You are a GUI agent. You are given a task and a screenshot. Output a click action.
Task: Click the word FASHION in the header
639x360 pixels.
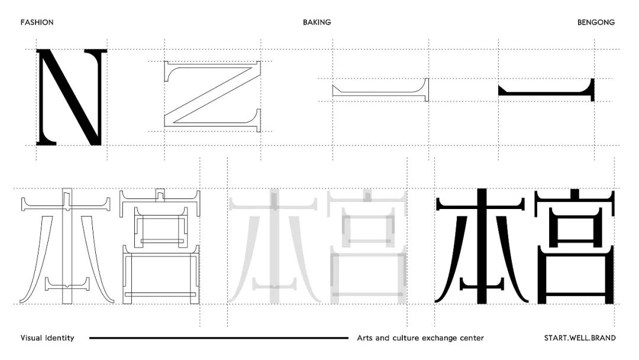tap(37, 22)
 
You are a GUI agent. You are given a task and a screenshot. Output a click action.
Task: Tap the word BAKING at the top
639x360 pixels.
tap(317, 22)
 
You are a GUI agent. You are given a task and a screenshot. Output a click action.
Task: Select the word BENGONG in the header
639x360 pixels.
tap(596, 22)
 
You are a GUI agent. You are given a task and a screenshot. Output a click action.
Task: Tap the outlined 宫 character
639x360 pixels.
tap(160, 246)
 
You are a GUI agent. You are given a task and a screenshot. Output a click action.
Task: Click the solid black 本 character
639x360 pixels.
tap(480, 246)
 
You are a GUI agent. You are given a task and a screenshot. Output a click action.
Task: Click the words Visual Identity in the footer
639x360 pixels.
tap(47, 338)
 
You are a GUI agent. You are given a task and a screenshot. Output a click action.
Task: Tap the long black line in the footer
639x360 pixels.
tap(219, 338)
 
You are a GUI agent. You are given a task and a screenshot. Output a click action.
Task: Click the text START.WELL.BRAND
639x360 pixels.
tap(579, 338)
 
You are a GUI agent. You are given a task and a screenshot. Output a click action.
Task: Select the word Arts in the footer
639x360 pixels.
tap(365, 338)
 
